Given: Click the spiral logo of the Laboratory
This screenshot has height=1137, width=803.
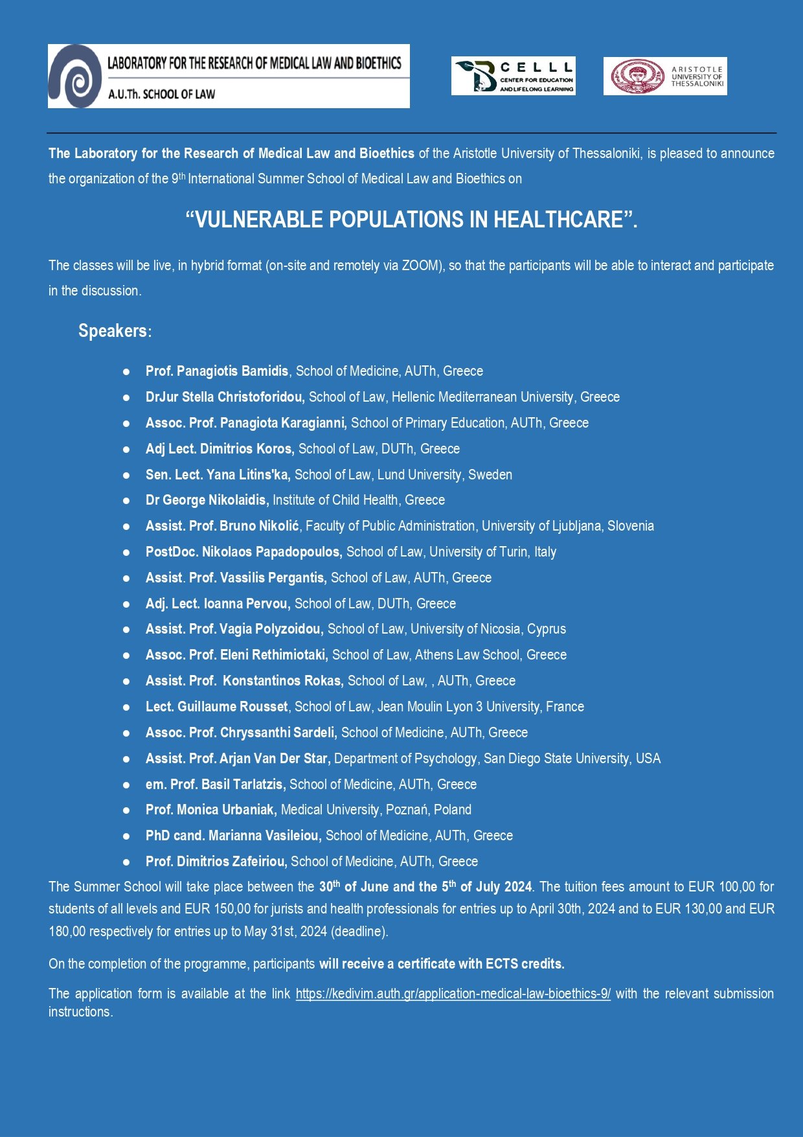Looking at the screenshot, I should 75,76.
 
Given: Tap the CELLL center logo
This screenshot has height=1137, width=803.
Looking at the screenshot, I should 513,76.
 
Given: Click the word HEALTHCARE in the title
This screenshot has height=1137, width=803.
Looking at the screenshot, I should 558,220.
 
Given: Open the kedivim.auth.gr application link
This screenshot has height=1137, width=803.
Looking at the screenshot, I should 453,994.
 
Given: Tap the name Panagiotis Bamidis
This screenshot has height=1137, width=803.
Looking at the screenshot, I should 232,371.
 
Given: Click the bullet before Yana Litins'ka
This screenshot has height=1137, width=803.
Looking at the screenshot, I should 126,475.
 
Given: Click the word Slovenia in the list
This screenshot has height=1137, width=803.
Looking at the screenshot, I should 630,526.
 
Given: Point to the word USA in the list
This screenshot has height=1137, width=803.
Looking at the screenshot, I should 648,759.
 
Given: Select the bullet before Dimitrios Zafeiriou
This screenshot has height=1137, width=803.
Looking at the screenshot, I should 126,862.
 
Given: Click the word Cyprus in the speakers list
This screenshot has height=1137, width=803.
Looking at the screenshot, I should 547,629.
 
